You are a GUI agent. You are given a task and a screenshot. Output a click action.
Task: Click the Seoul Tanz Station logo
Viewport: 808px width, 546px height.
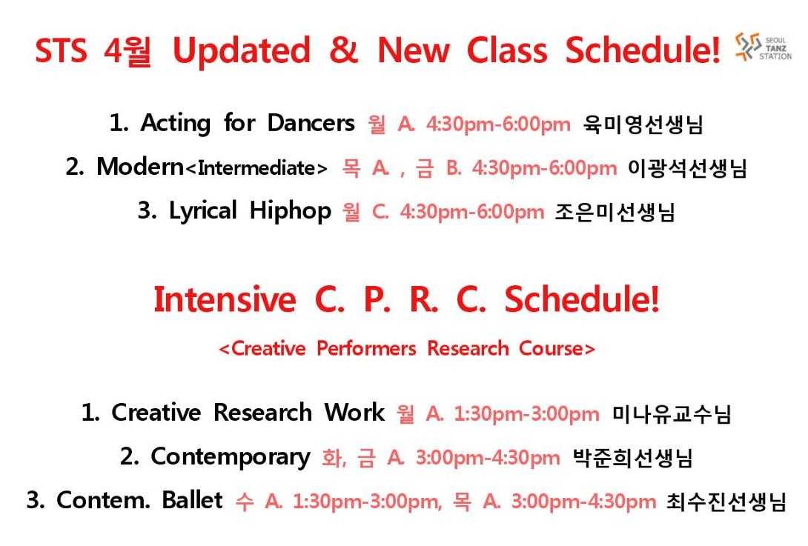tap(764, 47)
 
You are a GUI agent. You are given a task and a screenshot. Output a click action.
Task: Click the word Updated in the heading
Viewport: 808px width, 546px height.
tap(241, 50)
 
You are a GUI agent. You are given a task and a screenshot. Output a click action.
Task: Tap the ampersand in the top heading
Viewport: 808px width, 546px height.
tap(344, 50)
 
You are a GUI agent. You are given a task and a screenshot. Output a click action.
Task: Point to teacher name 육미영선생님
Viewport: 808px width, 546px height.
tap(643, 124)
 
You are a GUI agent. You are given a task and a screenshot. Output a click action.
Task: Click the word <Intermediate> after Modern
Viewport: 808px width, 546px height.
tap(256, 168)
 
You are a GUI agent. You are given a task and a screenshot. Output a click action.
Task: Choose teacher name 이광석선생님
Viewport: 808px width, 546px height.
tap(687, 168)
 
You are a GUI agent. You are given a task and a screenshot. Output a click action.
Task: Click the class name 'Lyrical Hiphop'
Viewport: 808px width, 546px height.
tap(250, 211)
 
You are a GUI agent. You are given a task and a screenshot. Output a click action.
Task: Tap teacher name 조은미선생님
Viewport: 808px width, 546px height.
tap(615, 212)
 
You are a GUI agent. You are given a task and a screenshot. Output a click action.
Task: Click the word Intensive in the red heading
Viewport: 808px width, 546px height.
tap(225, 299)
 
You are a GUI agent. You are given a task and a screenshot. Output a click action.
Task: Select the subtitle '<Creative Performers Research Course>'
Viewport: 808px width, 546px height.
tap(407, 349)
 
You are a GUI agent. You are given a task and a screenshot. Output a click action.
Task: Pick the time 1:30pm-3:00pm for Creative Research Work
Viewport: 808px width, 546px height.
tap(526, 414)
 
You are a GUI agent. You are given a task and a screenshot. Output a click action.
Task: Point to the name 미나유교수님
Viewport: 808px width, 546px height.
tap(672, 414)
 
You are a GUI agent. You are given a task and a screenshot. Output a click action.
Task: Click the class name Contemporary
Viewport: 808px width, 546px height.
tap(231, 457)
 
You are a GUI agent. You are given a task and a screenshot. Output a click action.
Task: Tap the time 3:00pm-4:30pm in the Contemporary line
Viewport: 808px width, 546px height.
tap(488, 458)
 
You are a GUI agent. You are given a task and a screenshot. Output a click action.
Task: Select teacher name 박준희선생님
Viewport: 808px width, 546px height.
tap(632, 458)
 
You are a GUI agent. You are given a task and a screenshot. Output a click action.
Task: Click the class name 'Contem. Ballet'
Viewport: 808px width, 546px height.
tap(139, 500)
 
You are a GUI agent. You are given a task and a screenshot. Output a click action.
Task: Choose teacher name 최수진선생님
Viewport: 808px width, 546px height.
tap(726, 502)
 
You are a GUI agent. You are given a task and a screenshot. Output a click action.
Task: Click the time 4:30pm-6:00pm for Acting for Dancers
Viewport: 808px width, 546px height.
tap(498, 124)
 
